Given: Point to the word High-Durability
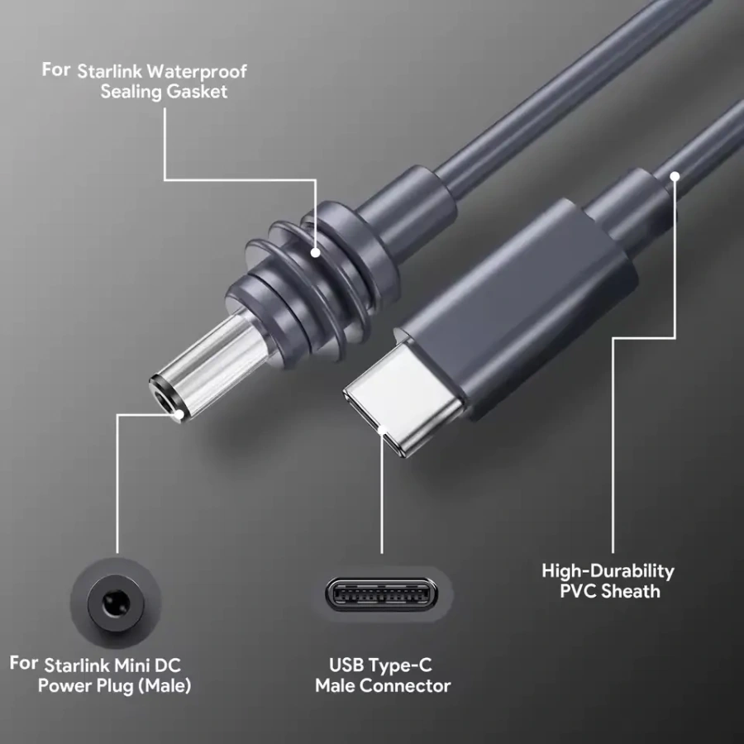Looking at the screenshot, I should tap(608, 570).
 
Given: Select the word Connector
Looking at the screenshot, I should tap(407, 685).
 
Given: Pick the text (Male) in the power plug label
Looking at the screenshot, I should tap(165, 685).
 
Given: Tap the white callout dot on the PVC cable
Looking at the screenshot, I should tap(675, 175).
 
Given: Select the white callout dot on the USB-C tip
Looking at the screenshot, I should tap(382, 431).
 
